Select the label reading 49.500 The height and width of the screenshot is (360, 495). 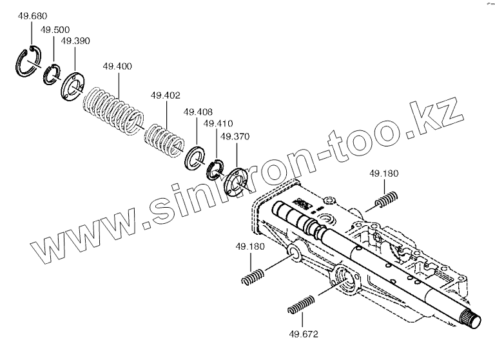(55, 30)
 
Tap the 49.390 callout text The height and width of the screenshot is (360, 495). (75, 41)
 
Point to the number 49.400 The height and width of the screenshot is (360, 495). (117, 66)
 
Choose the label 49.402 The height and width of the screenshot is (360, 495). (165, 95)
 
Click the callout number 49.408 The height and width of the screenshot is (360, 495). (197, 112)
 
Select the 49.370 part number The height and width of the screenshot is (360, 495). (235, 136)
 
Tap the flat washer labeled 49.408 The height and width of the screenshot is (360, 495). (195, 158)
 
